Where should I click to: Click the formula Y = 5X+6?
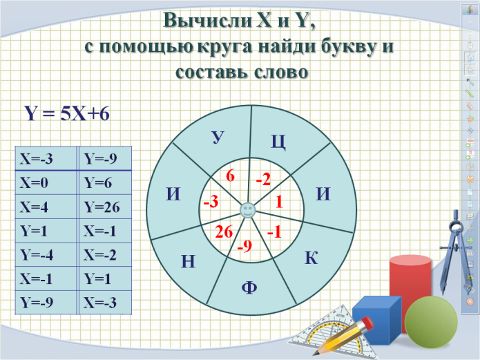(x=67, y=114)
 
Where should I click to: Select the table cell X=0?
(x=46, y=182)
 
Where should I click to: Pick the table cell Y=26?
(x=105, y=207)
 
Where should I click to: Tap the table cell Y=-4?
(x=46, y=254)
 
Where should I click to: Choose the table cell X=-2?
(x=105, y=254)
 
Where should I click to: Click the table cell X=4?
(x=46, y=207)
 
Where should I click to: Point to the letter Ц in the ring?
(x=278, y=142)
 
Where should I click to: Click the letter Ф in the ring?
(x=249, y=287)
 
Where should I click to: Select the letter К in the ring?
(x=311, y=258)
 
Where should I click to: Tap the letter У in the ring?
(x=218, y=138)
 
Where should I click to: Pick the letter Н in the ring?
(x=188, y=262)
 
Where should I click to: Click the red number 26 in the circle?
(x=224, y=231)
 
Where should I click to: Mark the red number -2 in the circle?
(x=264, y=179)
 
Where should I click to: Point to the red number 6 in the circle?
(x=230, y=176)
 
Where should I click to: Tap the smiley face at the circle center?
(x=248, y=211)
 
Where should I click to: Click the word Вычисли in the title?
(x=207, y=21)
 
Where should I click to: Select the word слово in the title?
(x=281, y=73)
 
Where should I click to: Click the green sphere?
(x=431, y=322)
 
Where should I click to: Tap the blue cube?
(x=376, y=319)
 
